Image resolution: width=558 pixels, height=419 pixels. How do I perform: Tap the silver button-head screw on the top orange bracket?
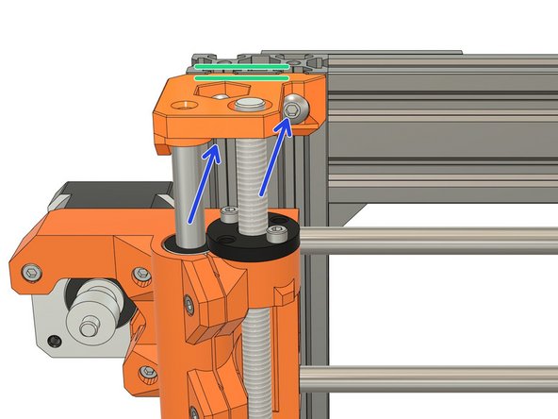[x=297, y=112]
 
